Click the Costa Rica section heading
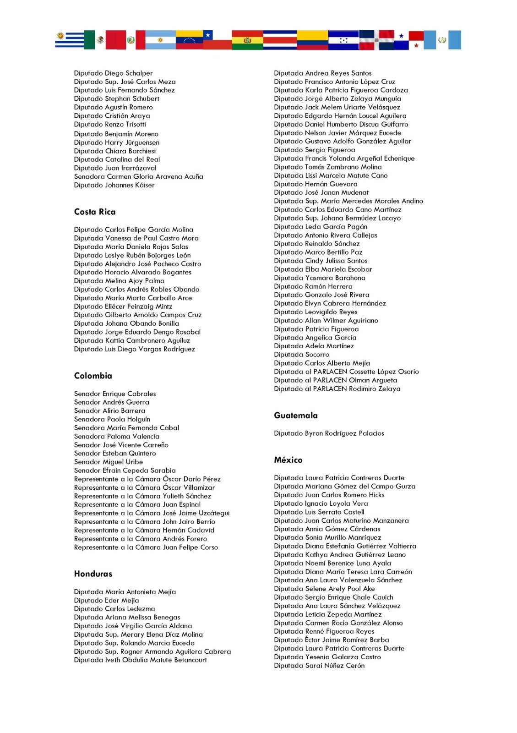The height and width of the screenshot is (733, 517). (95, 212)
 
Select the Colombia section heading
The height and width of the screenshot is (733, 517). (93, 376)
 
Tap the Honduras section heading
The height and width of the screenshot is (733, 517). (93, 574)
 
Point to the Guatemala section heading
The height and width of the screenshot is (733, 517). (295, 416)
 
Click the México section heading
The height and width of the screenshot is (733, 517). (288, 460)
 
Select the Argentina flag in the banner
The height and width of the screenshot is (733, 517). (160, 40)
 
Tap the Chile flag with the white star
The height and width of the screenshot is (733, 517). (217, 40)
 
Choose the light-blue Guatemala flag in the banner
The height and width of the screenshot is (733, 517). (442, 40)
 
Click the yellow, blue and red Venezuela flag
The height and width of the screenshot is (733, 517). (189, 40)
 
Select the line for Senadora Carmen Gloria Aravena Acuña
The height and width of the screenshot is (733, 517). (138, 176)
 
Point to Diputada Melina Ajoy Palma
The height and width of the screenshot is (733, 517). (119, 281)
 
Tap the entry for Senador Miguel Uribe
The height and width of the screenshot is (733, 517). (109, 462)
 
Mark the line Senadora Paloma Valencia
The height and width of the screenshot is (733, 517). (117, 436)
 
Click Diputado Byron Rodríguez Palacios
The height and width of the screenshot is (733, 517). (329, 433)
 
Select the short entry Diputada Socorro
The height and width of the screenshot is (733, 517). (301, 355)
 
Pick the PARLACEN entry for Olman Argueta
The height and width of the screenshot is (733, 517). (335, 380)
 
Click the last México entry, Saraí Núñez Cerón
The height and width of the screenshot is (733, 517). (319, 666)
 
